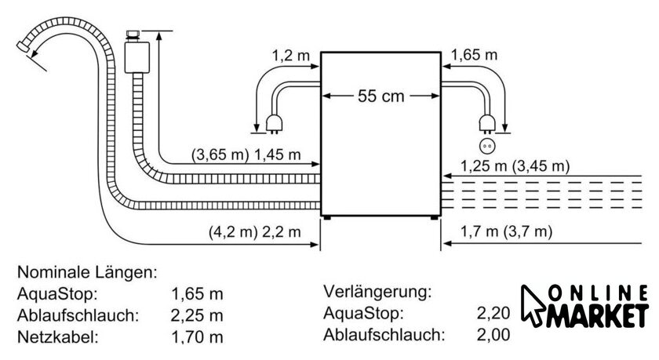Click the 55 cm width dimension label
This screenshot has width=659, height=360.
[x=380, y=96]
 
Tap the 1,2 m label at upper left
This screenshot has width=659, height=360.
[x=291, y=55]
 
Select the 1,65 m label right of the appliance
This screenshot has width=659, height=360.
[x=474, y=55]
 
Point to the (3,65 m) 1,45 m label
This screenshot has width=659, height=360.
[x=246, y=155]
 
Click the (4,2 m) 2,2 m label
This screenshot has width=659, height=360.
[x=255, y=232]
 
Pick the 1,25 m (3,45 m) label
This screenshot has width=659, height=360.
[x=515, y=166]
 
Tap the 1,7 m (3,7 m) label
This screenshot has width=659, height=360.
[x=507, y=231]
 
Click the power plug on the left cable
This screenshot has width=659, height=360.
[x=274, y=125]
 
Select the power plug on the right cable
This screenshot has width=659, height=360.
[x=487, y=125]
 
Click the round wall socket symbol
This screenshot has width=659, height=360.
[x=487, y=146]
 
